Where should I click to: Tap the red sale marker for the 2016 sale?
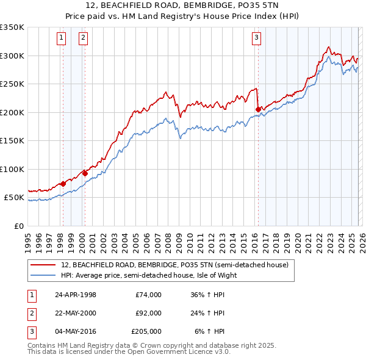258,110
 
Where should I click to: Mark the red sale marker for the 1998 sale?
63,184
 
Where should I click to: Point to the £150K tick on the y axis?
12,140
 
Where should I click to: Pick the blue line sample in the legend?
43,275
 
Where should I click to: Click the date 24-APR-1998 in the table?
75,295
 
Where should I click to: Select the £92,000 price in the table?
148,313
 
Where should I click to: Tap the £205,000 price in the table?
146,331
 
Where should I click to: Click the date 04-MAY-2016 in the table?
75,331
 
